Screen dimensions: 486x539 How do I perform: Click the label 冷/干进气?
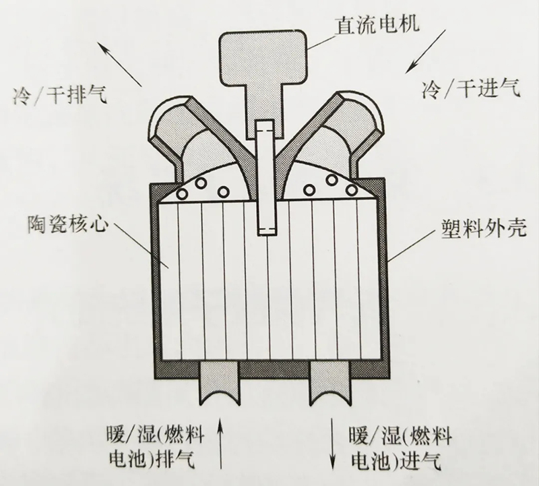[x=471, y=88]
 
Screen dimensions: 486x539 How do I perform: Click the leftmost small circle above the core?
[x=181, y=194]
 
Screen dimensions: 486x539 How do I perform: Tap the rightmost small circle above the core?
[x=351, y=189]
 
